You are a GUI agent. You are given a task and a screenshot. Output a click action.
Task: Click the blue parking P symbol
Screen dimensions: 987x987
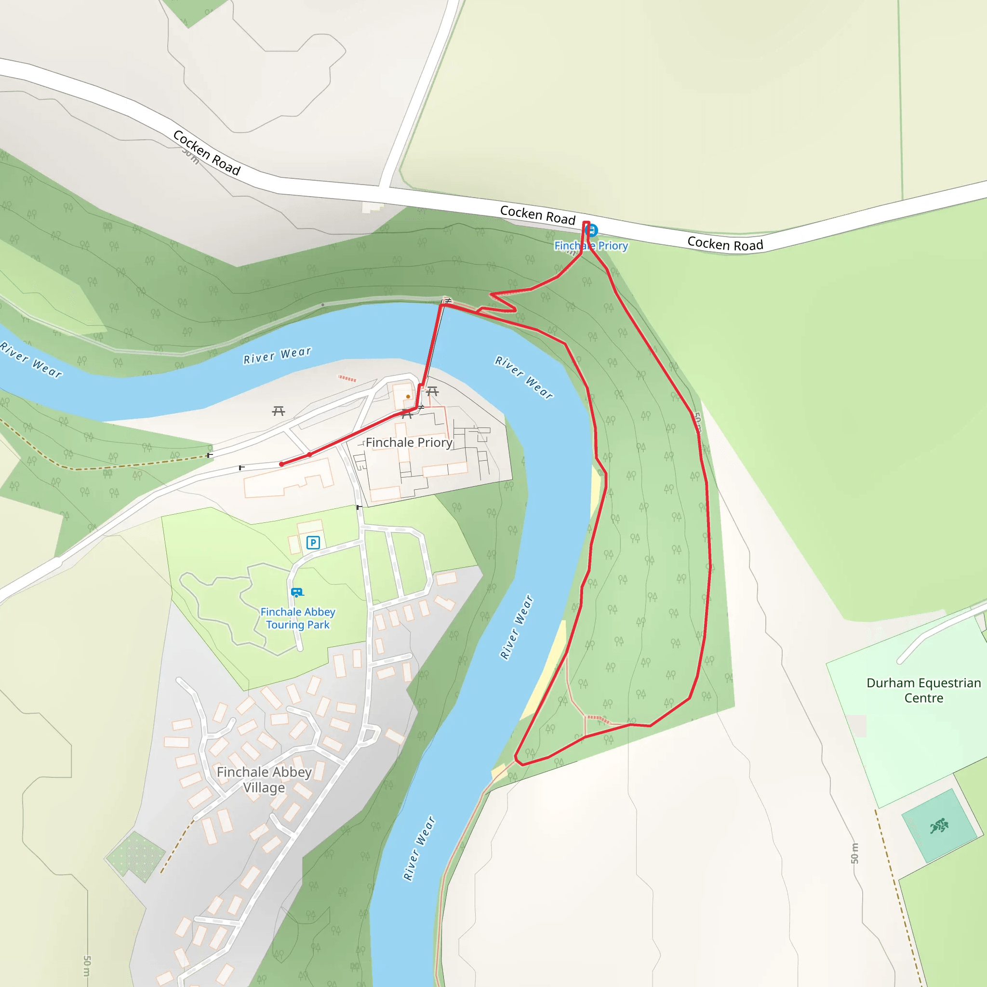tap(313, 543)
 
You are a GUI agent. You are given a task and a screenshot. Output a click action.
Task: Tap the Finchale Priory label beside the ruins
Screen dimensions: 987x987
tap(409, 442)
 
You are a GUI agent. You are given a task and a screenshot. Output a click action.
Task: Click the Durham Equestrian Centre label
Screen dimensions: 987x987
tap(924, 690)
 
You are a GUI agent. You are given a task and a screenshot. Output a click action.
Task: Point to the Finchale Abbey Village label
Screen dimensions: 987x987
tap(264, 780)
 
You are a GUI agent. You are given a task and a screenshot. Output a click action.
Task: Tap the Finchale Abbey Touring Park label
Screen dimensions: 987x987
tap(298, 618)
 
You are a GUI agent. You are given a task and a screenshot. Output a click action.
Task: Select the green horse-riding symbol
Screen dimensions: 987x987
tap(939, 826)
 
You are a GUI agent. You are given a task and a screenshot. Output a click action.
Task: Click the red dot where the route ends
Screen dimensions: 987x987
tap(281, 465)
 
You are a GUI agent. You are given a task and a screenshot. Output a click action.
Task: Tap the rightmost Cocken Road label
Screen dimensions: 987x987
tap(725, 244)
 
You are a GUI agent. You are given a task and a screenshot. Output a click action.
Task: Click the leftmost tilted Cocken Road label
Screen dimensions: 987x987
tap(206, 153)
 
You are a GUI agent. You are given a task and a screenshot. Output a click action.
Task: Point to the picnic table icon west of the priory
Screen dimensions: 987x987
tap(279, 411)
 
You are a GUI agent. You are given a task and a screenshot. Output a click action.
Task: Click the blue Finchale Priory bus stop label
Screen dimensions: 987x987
tap(591, 246)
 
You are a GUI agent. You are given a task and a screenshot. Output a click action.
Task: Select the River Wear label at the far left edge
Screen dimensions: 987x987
tap(31, 360)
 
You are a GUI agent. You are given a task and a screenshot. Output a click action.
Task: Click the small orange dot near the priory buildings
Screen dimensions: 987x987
tap(408, 397)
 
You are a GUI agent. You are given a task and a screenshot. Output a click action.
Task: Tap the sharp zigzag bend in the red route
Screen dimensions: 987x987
tap(503, 301)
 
